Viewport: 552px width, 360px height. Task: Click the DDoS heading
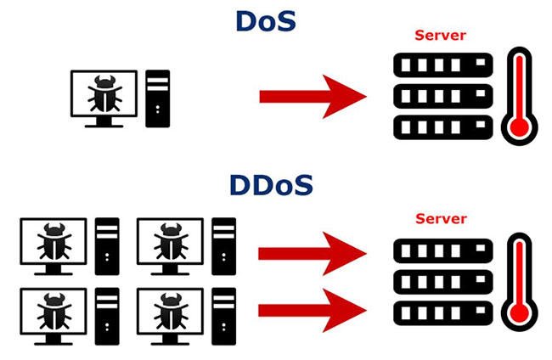pyautogui.click(x=271, y=184)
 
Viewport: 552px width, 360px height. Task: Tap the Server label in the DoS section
pyautogui.click(x=440, y=36)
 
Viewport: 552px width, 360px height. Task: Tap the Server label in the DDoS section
pyautogui.click(x=440, y=218)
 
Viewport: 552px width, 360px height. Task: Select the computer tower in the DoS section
pyautogui.click(x=157, y=98)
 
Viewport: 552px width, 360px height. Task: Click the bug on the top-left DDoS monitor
pyautogui.click(x=54, y=243)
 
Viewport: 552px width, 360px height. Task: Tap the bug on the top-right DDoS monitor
pyautogui.click(x=170, y=243)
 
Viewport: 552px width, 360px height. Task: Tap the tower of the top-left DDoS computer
pyautogui.click(x=107, y=245)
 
